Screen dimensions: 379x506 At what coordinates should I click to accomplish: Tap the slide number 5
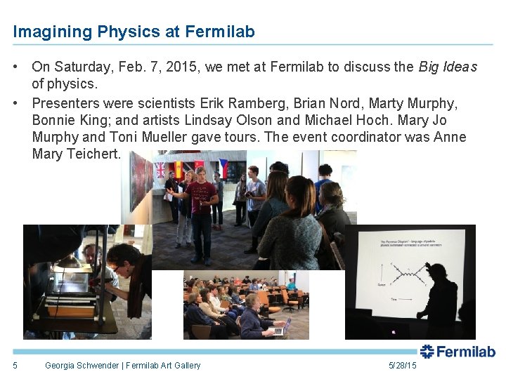15,365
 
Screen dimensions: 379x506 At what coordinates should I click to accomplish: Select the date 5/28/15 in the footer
402,365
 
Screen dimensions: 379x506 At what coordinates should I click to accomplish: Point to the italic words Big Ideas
448,67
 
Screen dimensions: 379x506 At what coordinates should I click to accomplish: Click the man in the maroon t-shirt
201,204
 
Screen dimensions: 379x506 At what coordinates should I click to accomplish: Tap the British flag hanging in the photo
160,169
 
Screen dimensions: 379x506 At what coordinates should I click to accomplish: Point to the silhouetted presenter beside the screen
440,302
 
